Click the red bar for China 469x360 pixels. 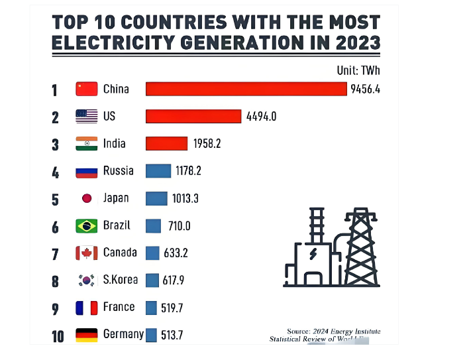[x=246, y=89]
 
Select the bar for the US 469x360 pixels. [x=193, y=116]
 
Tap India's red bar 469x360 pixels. [x=166, y=143]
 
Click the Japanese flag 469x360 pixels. [x=87, y=198]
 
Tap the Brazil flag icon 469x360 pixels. [x=87, y=226]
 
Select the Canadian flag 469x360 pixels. [x=87, y=253]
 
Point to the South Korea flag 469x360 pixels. [x=87, y=280]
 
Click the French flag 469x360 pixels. [x=87, y=308]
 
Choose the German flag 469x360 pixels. [x=87, y=335]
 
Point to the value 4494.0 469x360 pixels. [x=261, y=117]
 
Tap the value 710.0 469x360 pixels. [x=179, y=226]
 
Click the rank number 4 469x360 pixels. [x=56, y=172]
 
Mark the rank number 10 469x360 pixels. [x=58, y=336]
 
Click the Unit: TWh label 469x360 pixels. [x=359, y=70]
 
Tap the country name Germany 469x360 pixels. [x=123, y=334]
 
